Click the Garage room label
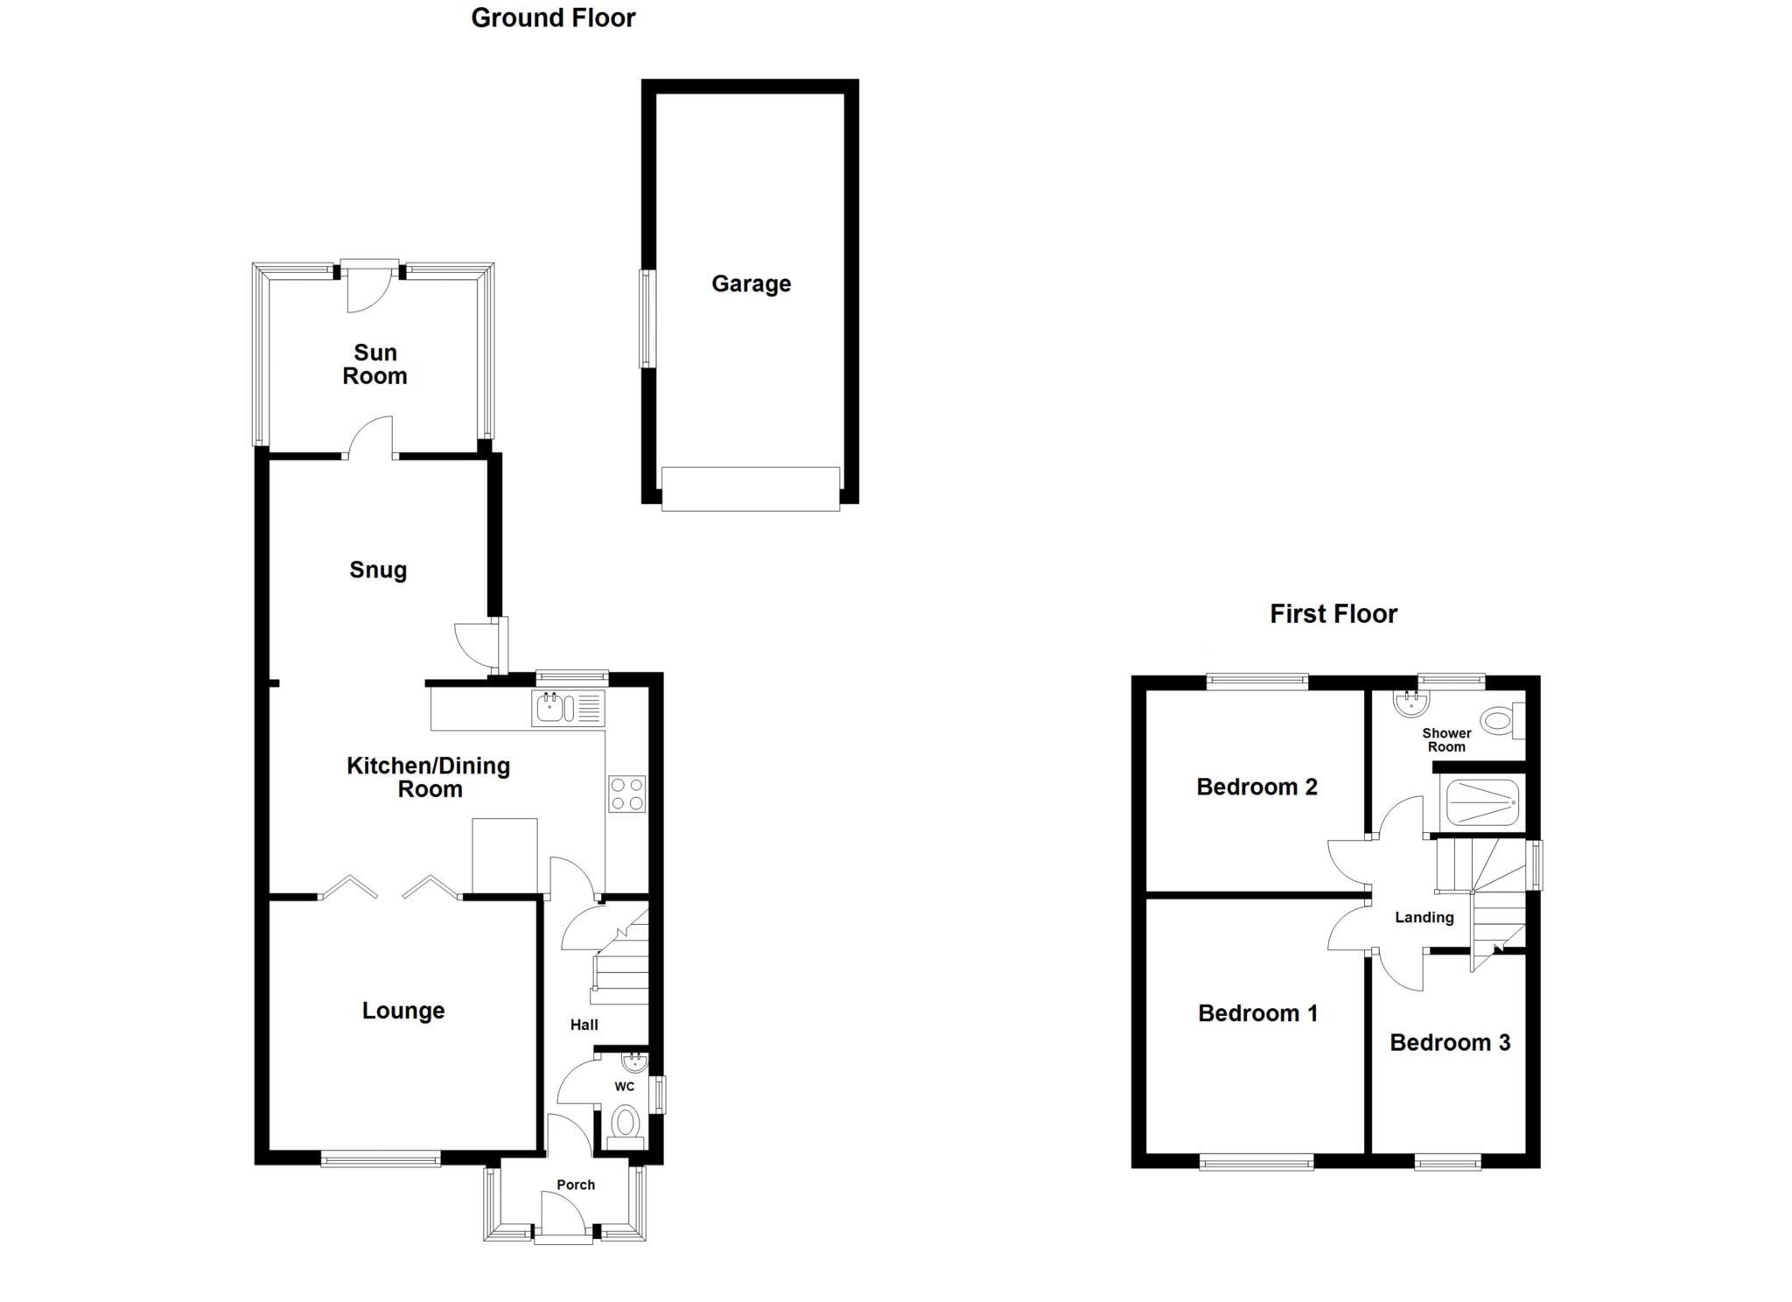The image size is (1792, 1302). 751,283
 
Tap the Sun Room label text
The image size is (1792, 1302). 374,364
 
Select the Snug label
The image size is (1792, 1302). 378,570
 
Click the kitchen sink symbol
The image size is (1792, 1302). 567,708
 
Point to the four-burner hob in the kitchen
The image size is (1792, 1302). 627,794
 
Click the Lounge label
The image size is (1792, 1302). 403,1011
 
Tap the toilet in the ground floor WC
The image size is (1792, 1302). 625,1123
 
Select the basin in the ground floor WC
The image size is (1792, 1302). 633,1062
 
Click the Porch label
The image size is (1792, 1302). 576,1185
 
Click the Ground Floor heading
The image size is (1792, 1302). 553,17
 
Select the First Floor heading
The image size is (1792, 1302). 1333,614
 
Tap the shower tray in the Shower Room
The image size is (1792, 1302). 1481,802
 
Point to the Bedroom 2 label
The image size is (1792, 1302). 1256,787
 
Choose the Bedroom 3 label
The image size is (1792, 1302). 1450,1042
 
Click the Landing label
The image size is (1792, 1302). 1424,918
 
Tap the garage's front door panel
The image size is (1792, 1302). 751,488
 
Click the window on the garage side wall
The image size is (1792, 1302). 647,318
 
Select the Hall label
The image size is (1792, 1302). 584,1025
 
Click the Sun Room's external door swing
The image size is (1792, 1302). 366,289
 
